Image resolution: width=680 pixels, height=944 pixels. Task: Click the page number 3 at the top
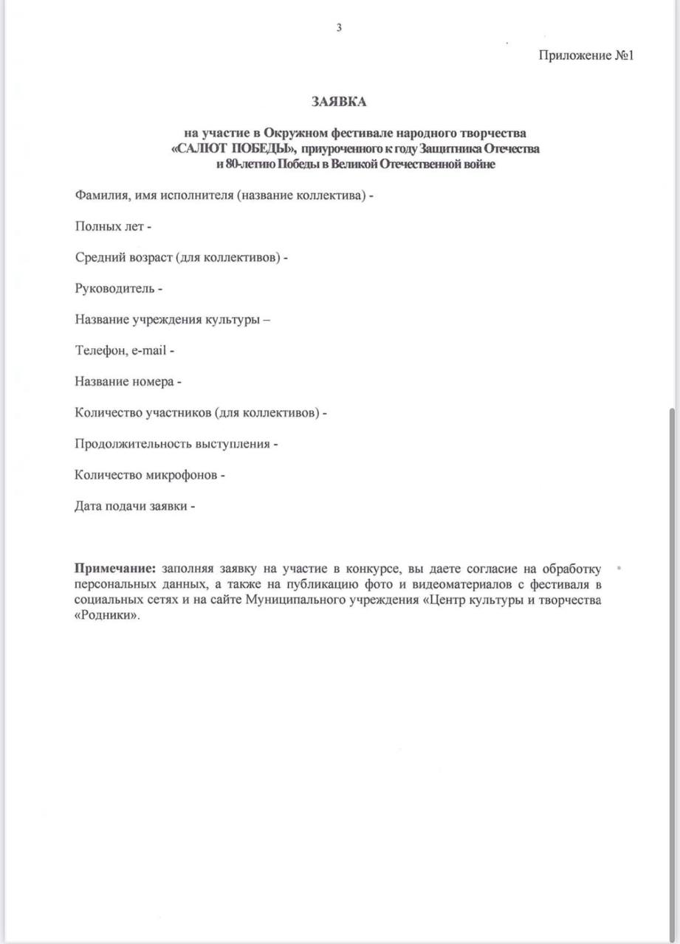[339, 28]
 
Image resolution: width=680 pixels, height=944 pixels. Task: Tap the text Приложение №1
[586, 55]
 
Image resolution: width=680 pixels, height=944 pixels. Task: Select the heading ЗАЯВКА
[338, 102]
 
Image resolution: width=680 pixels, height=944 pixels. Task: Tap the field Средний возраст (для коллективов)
[177, 257]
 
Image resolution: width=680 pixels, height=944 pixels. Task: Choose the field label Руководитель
[114, 288]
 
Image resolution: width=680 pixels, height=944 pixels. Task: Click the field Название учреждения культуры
[168, 320]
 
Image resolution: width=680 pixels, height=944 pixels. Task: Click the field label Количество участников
[143, 413]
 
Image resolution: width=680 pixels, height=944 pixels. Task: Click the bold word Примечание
[115, 569]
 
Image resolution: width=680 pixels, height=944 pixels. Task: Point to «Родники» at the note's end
[106, 615]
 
